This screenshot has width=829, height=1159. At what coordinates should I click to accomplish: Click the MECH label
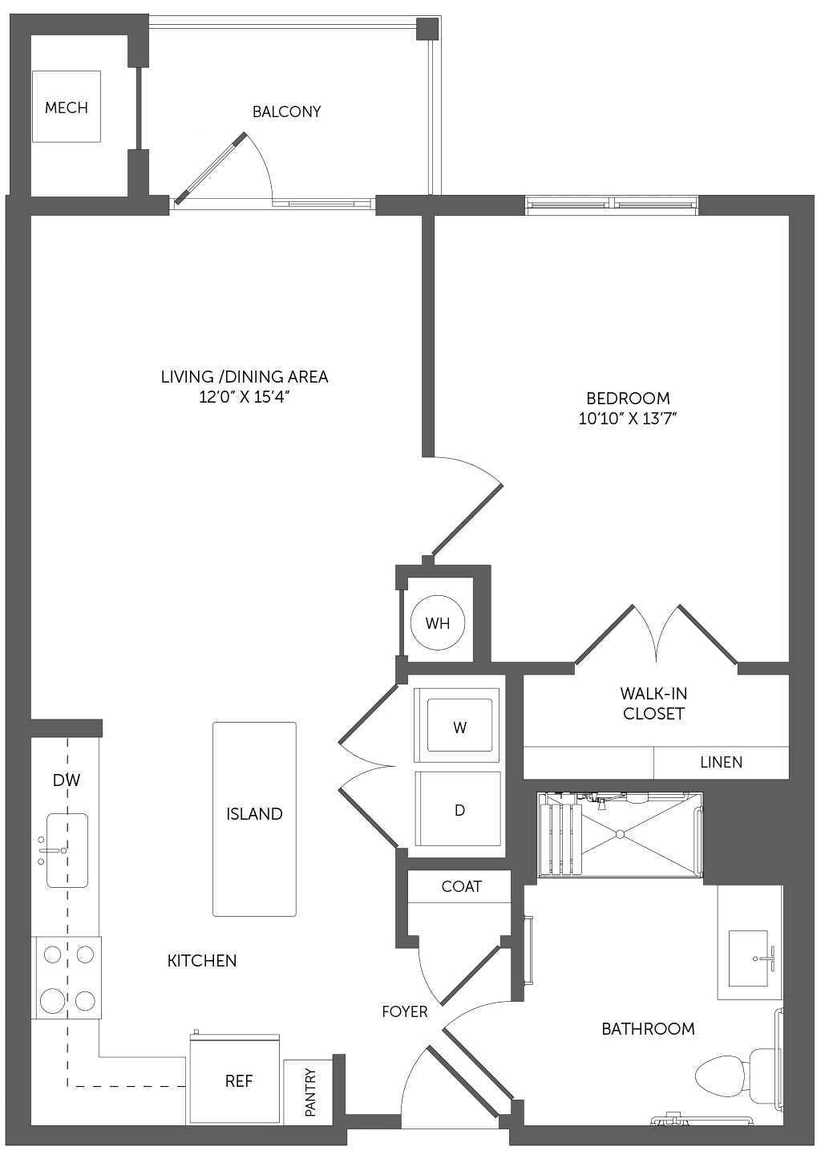point(67,107)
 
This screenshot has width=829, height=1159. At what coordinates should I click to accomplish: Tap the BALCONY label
point(286,111)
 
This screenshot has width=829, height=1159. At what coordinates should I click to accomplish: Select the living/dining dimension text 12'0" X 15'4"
point(244,397)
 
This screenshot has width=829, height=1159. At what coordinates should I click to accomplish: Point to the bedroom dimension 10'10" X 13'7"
point(628,418)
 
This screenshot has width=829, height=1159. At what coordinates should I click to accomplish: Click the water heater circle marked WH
point(438,623)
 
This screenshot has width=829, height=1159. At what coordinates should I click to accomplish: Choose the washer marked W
point(457,725)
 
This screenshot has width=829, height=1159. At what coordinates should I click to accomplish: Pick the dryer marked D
point(458,809)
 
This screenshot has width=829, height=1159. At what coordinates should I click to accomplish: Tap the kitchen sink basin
point(67,850)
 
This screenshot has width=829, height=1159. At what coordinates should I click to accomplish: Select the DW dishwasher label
point(67,780)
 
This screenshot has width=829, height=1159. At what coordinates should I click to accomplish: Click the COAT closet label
point(461,886)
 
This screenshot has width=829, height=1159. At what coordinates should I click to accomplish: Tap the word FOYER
point(405,1011)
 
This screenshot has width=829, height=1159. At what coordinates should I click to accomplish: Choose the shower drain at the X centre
point(620,834)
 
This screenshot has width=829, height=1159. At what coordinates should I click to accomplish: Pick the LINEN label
point(722,762)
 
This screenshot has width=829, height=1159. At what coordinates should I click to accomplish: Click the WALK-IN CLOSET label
point(653,703)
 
